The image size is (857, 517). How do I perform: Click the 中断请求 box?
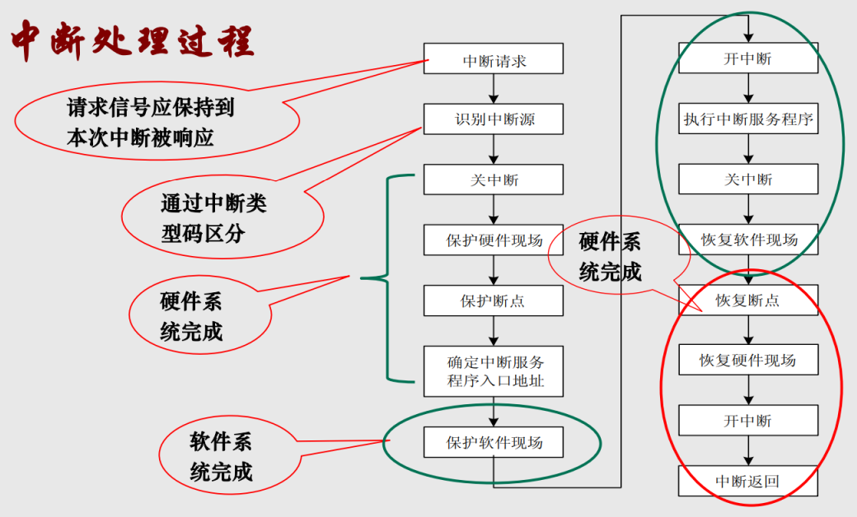point(494,59)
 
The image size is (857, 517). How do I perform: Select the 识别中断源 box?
point(494,119)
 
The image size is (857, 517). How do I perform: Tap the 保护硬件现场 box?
point(494,240)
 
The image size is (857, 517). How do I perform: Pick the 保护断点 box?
point(494,300)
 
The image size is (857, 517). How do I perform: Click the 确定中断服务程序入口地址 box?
point(494,371)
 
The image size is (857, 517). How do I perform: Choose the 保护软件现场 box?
point(494,442)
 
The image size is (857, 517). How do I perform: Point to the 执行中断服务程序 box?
point(748,119)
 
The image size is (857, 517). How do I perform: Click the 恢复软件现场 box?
point(748,240)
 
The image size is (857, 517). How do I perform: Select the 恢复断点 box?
point(748,300)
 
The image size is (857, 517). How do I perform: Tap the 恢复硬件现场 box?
point(748,361)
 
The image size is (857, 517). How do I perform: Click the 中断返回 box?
point(748,481)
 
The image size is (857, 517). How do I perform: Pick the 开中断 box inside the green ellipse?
point(748,59)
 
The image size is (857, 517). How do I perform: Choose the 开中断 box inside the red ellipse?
point(748,421)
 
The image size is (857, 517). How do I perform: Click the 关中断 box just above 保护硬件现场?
point(494,179)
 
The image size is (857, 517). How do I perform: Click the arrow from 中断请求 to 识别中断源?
point(494,89)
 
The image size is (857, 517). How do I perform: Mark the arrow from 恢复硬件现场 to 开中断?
point(748,390)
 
